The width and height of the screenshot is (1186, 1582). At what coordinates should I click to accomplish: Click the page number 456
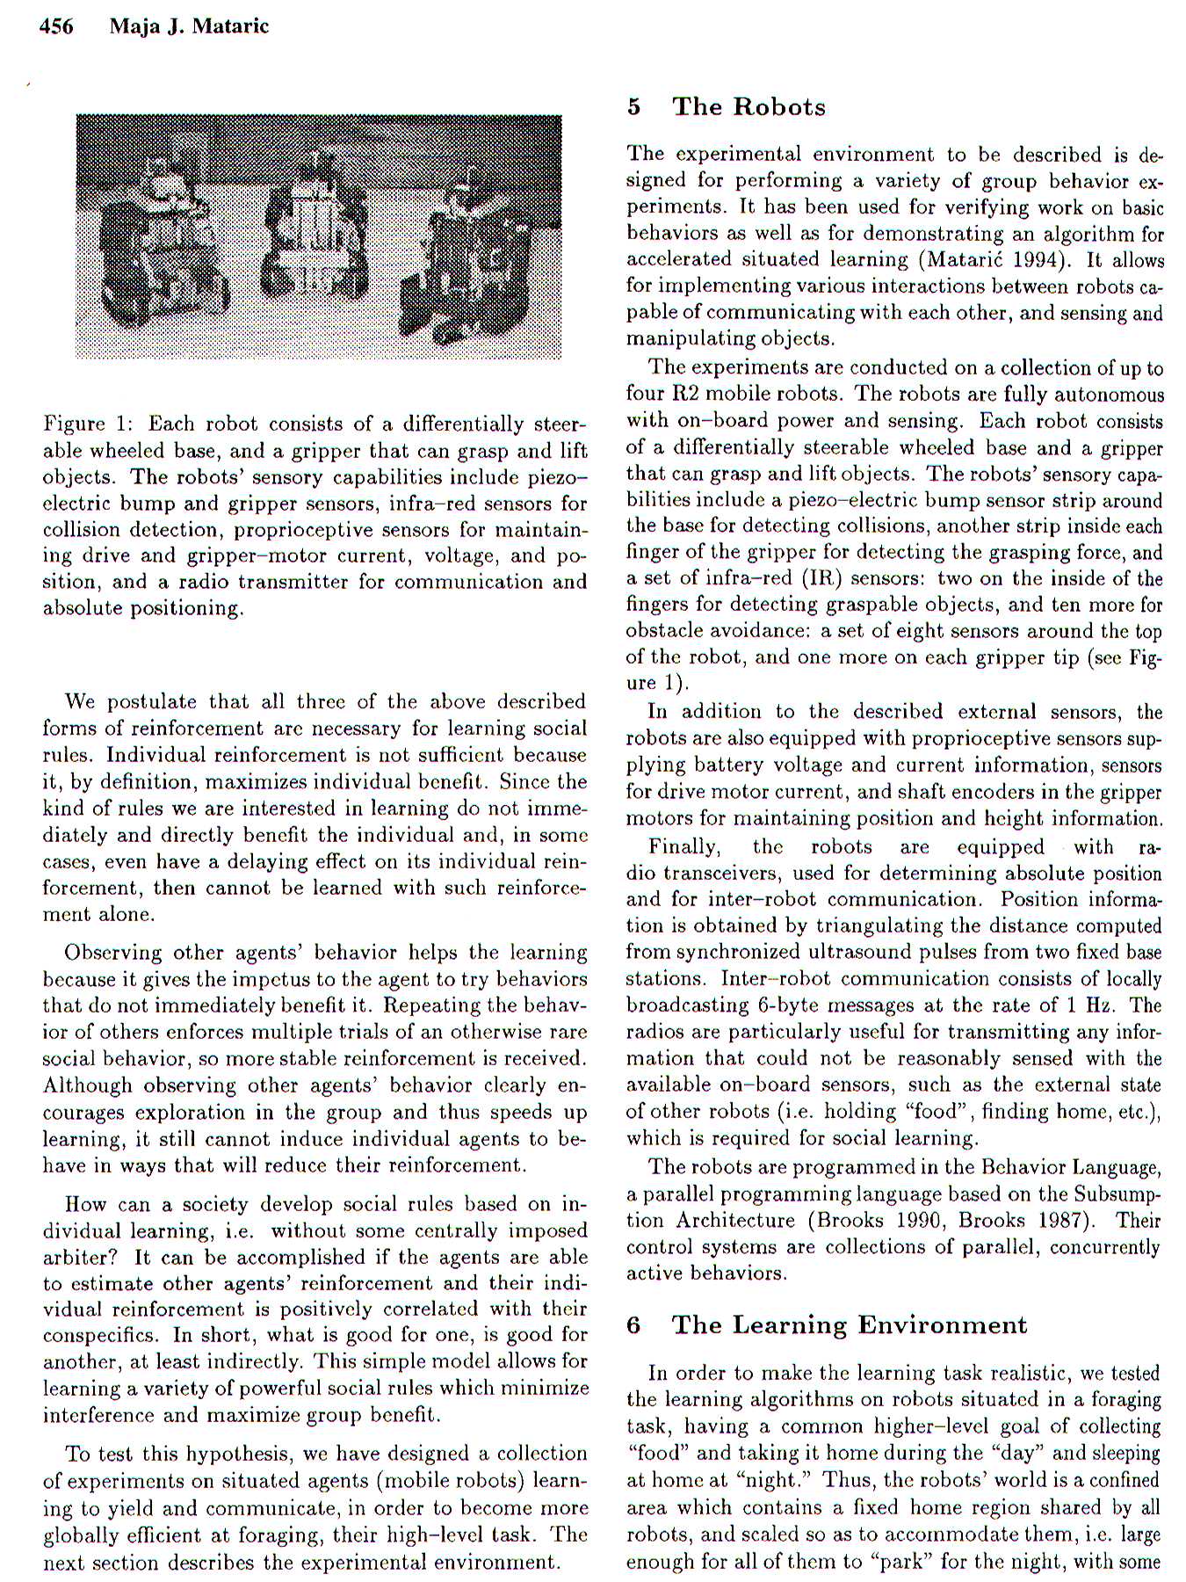(56, 26)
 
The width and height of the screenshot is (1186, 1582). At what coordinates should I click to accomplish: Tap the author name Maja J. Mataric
(189, 26)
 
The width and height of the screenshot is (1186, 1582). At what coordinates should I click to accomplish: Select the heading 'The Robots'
(748, 107)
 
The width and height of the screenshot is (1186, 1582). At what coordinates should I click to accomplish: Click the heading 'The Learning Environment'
(849, 1324)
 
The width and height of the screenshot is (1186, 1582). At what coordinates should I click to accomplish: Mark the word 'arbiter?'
(79, 1258)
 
